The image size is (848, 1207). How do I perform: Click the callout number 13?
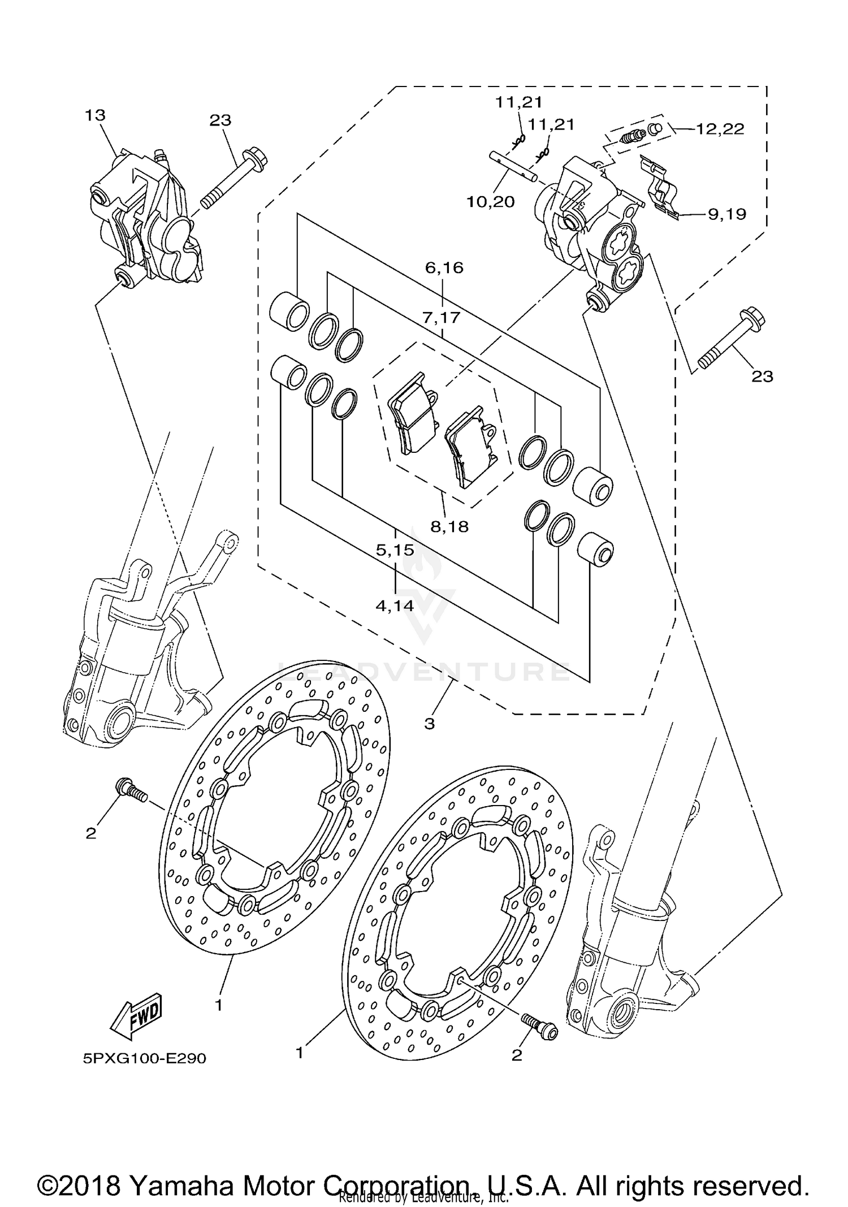(x=96, y=115)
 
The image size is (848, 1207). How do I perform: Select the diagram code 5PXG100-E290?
(x=145, y=1058)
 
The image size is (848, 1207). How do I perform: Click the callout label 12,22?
(x=720, y=129)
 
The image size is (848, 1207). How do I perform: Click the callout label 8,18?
(x=449, y=526)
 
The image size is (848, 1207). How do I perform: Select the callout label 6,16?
(x=444, y=267)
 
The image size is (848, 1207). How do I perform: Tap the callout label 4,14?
(x=395, y=605)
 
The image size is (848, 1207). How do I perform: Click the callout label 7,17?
(x=441, y=318)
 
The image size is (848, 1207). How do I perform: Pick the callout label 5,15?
(x=395, y=550)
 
